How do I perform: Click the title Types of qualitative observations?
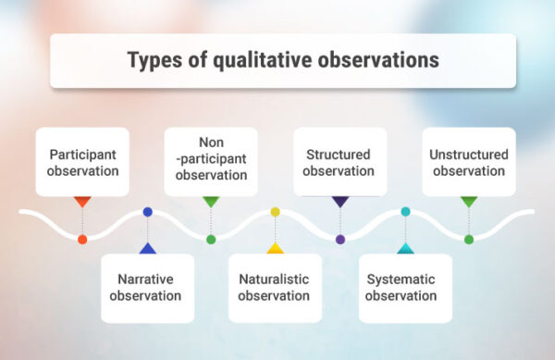pyautogui.click(x=282, y=60)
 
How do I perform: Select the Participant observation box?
pyautogui.click(x=82, y=162)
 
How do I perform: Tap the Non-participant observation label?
pyautogui.click(x=211, y=159)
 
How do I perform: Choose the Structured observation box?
pyautogui.click(x=339, y=162)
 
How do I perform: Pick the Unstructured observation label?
pyautogui.click(x=468, y=162)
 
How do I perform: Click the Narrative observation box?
pyautogui.click(x=147, y=287)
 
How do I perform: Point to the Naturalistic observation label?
pyautogui.click(x=275, y=287)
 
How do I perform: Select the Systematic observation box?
pyautogui.click(x=404, y=287)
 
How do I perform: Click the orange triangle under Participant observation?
pyautogui.click(x=82, y=201)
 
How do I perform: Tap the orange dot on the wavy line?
pyautogui.click(x=82, y=239)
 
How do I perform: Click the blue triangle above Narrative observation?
pyautogui.click(x=147, y=248)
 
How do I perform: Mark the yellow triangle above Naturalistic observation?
pyautogui.click(x=275, y=248)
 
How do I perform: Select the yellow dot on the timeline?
pyautogui.click(x=275, y=212)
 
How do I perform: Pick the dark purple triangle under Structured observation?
pyautogui.click(x=339, y=201)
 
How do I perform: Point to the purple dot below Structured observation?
pyautogui.click(x=339, y=239)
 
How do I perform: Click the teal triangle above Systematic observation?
pyautogui.click(x=404, y=248)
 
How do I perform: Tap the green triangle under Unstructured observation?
pyautogui.click(x=468, y=201)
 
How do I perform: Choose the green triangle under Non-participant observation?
pyautogui.click(x=211, y=201)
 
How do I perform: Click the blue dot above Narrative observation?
pyautogui.click(x=147, y=212)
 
